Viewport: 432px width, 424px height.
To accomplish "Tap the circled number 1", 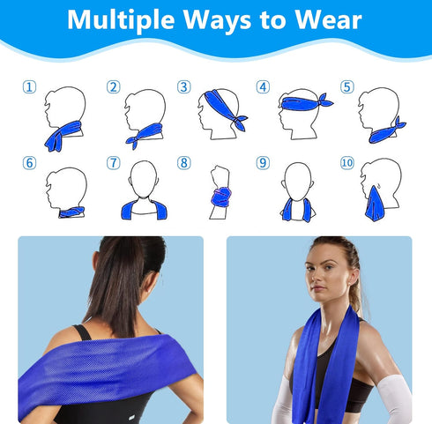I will (30, 86).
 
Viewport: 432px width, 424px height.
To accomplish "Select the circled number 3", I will (183, 86).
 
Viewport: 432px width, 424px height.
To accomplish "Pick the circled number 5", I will (346, 86).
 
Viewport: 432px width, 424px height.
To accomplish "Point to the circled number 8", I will (183, 162).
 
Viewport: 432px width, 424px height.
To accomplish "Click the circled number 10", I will (346, 163).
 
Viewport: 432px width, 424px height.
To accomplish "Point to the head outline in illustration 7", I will (144, 179).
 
